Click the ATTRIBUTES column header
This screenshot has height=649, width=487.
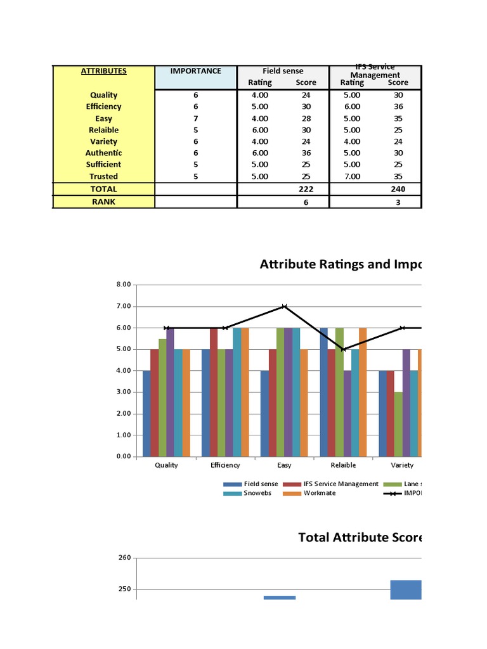103,71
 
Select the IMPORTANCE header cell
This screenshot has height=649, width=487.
196,71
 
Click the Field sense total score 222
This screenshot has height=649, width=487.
306,189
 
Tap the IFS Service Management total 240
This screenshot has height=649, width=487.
398,189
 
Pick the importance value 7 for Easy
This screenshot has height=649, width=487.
196,119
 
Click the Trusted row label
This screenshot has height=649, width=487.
103,177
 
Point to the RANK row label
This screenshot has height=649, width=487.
103,202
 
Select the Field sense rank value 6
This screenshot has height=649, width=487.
306,202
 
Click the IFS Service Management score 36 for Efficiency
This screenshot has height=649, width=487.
398,106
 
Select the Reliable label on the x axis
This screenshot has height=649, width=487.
343,465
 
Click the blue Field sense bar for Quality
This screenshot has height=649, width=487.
146,413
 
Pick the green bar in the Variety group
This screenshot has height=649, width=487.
398,424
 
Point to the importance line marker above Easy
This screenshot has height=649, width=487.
285,306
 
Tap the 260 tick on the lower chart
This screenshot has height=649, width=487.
124,558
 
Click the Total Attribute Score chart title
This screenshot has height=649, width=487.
360,537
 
